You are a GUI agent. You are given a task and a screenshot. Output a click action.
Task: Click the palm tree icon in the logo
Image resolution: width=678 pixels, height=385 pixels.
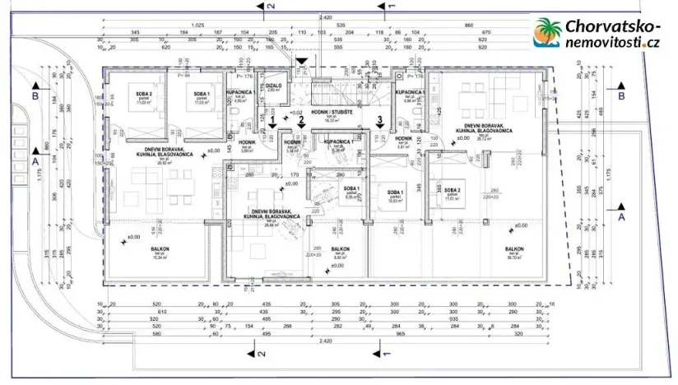547,35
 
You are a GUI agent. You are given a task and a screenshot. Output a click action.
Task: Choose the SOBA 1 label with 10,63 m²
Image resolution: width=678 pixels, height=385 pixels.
394,193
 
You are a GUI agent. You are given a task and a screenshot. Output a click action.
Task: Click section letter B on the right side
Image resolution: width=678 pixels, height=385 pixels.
622,95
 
